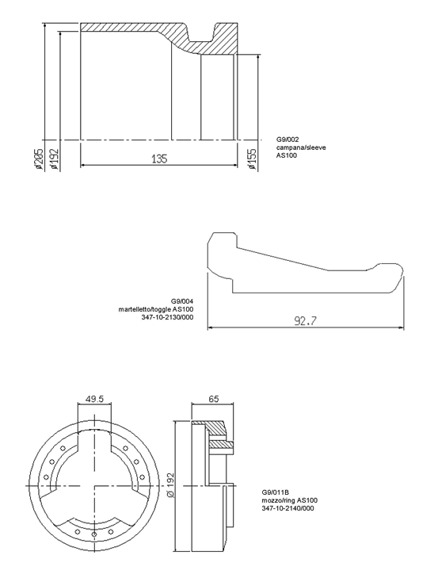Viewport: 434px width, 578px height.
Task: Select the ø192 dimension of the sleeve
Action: tap(55, 159)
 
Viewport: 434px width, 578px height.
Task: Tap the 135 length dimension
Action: tap(159, 159)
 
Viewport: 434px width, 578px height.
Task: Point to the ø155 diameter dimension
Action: tap(252, 159)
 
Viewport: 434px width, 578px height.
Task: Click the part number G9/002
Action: tap(287, 140)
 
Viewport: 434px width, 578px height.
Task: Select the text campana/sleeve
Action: tap(301, 147)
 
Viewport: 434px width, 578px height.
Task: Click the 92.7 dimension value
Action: tap(306, 320)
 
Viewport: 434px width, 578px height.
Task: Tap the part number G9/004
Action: tap(182, 300)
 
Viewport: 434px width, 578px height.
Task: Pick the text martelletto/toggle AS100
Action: tap(156, 309)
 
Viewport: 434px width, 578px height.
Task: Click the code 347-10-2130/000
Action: tap(167, 317)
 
